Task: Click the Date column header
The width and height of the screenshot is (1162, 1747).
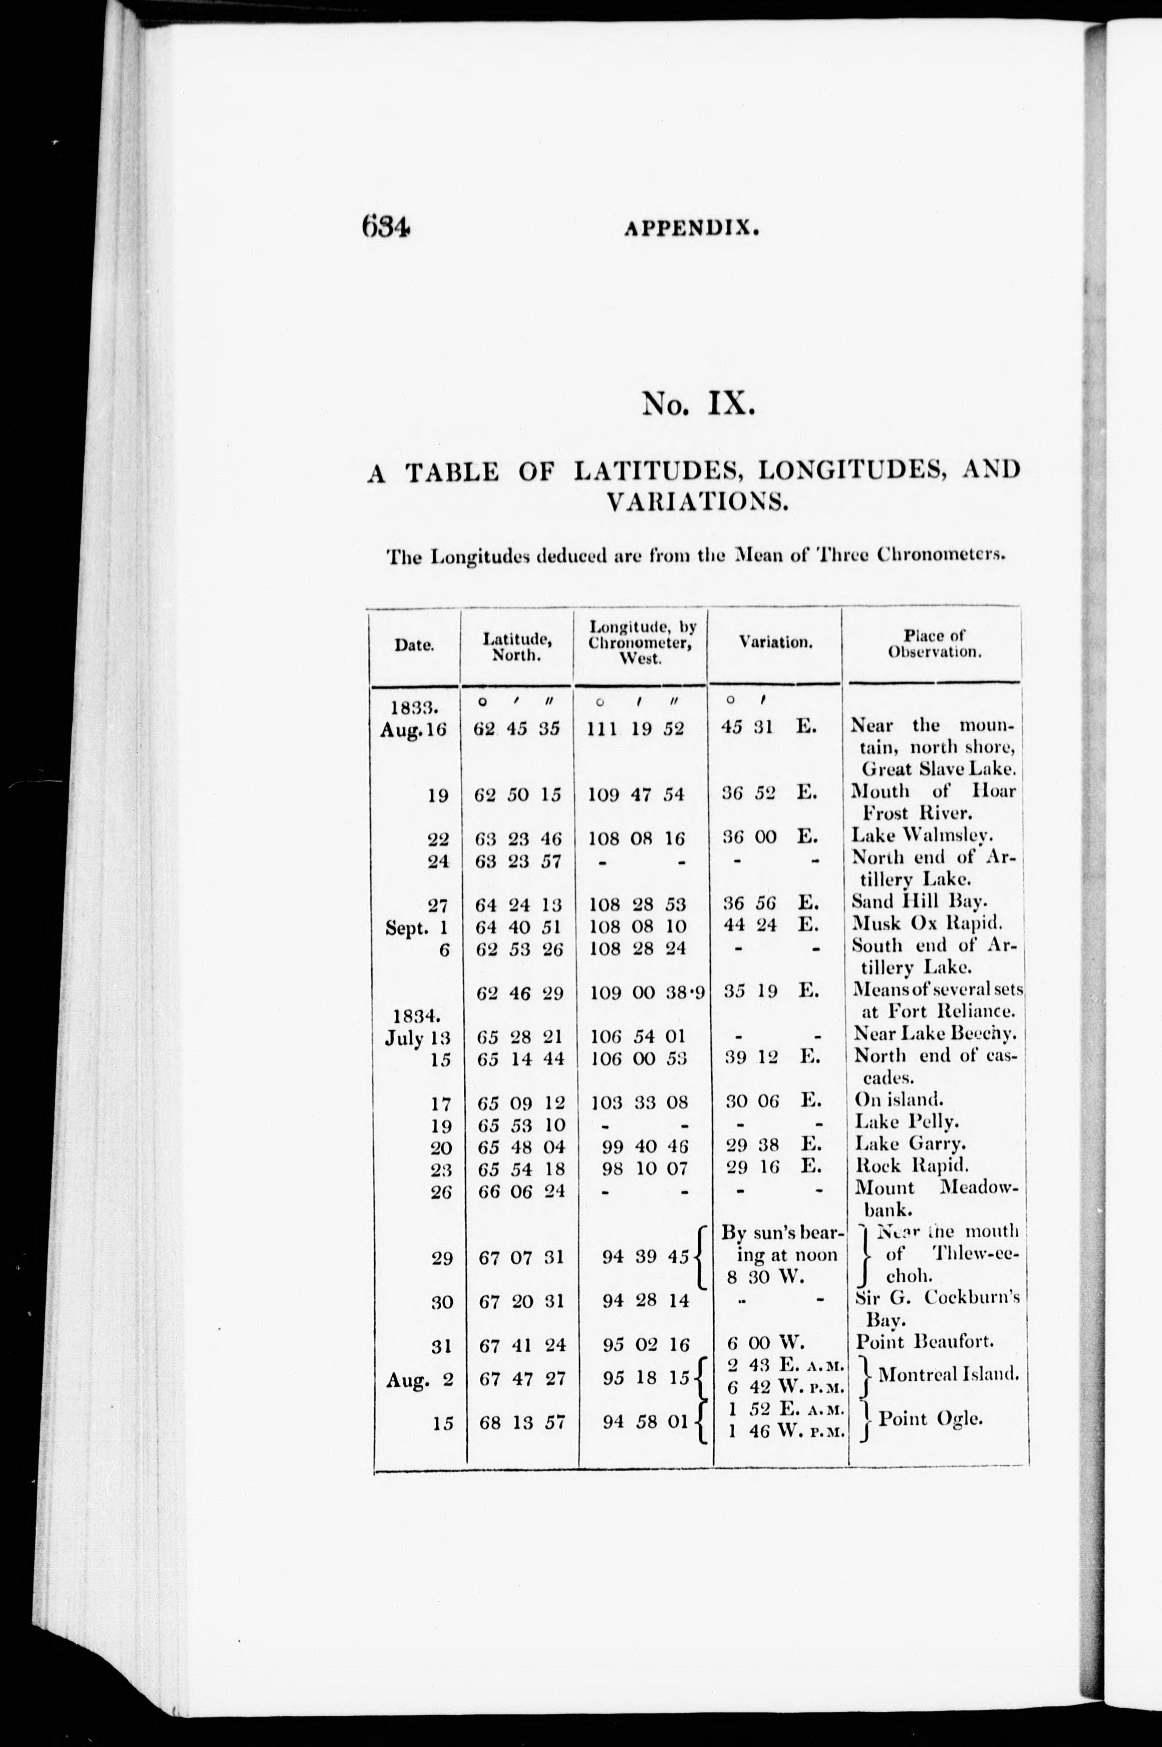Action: pyautogui.click(x=414, y=645)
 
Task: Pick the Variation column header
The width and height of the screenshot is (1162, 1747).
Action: pyautogui.click(x=775, y=643)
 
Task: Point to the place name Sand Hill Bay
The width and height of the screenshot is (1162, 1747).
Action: pyautogui.click(x=919, y=903)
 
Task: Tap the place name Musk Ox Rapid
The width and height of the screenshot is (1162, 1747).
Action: pyautogui.click(x=926, y=924)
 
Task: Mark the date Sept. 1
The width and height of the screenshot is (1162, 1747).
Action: pyautogui.click(x=417, y=928)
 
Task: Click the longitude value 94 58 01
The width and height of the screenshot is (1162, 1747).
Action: pyautogui.click(x=646, y=1421)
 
